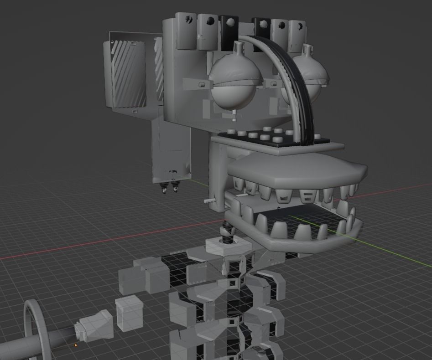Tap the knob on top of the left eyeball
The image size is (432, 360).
point(238,47)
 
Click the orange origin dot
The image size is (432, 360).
point(76,345)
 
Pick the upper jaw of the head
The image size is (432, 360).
point(297,171)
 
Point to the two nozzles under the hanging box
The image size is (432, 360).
point(170,188)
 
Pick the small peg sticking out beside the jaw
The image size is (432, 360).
point(209,200)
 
